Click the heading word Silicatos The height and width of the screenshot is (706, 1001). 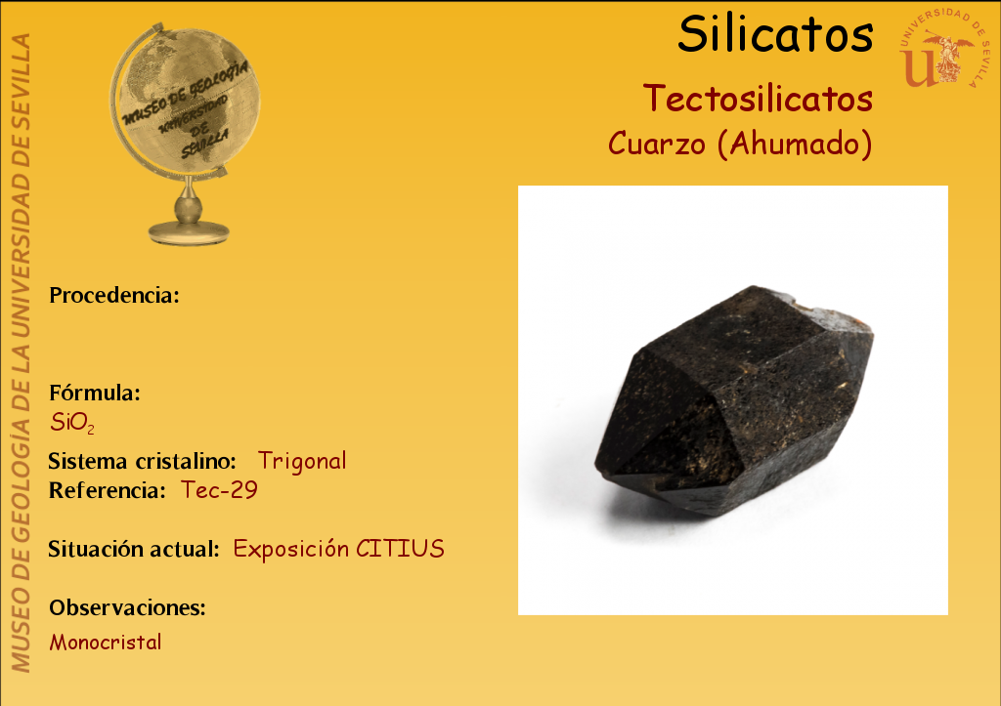(x=775, y=34)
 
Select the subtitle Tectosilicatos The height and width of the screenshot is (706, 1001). (x=758, y=99)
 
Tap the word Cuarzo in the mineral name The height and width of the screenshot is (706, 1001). (x=657, y=144)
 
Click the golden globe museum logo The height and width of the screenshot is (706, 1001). (x=185, y=134)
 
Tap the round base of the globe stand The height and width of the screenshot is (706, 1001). (x=189, y=232)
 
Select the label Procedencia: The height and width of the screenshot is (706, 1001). (x=114, y=295)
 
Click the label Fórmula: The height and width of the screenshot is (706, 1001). (x=95, y=393)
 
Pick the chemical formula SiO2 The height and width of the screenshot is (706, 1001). (x=72, y=423)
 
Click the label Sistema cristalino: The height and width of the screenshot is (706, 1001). (x=143, y=461)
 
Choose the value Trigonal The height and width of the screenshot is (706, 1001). (x=302, y=461)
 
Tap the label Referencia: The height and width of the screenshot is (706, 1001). (x=108, y=490)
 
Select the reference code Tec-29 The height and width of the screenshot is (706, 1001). (x=219, y=490)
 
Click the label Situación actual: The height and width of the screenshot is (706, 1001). (x=134, y=549)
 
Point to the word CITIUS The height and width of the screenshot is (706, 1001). (x=400, y=549)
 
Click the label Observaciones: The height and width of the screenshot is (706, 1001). (x=128, y=607)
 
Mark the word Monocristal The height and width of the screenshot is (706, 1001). (x=106, y=642)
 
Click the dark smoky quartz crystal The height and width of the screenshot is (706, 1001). (x=734, y=400)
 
